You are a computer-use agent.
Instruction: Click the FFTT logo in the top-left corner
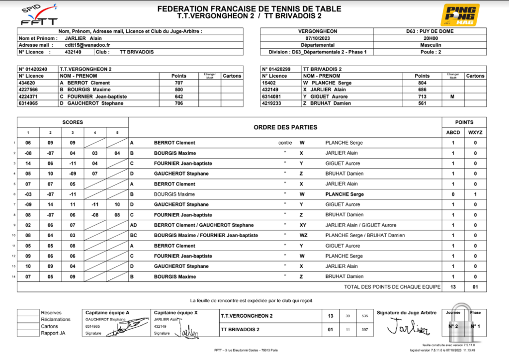pyautogui.click(x=39, y=15)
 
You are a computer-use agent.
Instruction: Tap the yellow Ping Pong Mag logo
pyautogui.click(x=460, y=14)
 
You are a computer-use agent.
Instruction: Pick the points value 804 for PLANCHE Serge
pyautogui.click(x=422, y=83)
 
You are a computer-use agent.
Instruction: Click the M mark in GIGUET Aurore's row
pyautogui.click(x=452, y=96)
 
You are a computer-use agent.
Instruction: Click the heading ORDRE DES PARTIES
pyautogui.click(x=285, y=127)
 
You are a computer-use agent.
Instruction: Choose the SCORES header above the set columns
pyautogui.click(x=73, y=122)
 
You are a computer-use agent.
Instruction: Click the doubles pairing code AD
pyautogui.click(x=134, y=225)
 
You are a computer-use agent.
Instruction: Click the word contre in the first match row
pyautogui.click(x=285, y=143)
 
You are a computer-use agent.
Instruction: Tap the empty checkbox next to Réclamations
pyautogui.click(x=28, y=320)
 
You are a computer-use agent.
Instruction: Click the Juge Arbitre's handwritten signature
pyautogui.click(x=407, y=326)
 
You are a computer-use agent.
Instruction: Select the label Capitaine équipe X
pyautogui.click(x=176, y=313)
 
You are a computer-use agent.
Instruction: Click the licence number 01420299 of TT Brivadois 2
pyautogui.click(x=280, y=69)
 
